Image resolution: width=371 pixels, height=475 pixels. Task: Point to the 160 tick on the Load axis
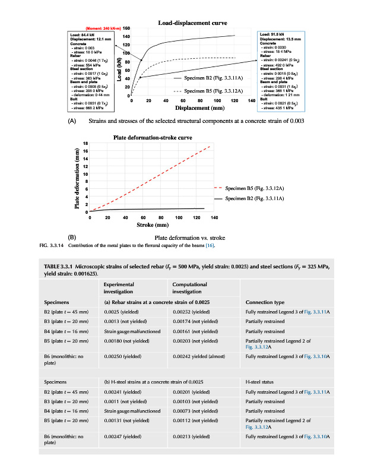pos(126,28)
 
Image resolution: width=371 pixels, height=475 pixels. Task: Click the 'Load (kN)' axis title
pos(119,69)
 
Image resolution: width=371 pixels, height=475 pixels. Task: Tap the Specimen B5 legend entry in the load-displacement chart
pos(204,91)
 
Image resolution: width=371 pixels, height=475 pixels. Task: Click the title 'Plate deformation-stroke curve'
pos(152,138)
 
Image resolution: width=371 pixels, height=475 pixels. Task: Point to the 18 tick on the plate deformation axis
pos(85,144)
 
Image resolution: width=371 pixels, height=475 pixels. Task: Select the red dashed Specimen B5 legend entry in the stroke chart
pos(252,188)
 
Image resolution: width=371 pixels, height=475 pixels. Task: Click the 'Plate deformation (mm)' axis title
pos(77,178)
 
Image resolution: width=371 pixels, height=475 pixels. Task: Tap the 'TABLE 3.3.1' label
pos(59,267)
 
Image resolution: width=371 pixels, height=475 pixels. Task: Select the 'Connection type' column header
pos(265,302)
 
